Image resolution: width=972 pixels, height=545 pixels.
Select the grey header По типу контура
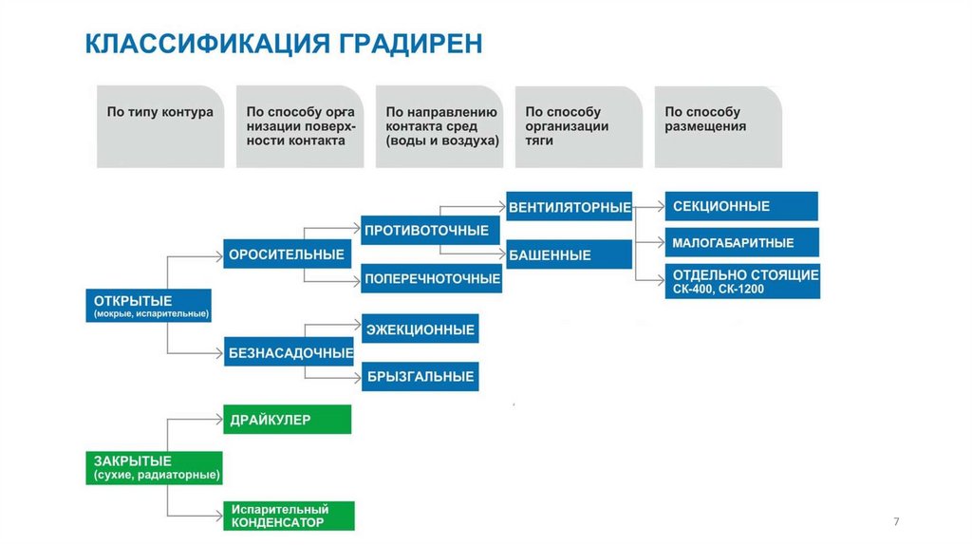(159, 126)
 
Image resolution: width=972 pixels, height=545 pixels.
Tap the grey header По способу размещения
(718, 126)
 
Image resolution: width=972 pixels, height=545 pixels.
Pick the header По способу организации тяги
(578, 126)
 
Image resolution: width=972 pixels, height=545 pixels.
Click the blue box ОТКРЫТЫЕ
(148, 306)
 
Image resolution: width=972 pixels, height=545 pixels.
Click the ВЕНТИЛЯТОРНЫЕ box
(570, 206)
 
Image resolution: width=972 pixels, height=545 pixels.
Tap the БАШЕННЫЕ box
(570, 254)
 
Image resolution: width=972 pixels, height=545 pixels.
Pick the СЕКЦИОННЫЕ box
(740, 206)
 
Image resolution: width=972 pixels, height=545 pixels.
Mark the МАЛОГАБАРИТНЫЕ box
(740, 243)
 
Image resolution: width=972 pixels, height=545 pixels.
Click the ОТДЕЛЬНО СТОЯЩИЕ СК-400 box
(740, 281)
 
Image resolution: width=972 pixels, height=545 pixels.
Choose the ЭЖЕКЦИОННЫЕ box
(420, 329)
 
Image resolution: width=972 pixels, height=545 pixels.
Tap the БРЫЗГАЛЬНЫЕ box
(420, 377)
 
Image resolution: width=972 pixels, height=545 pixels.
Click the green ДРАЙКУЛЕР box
(287, 420)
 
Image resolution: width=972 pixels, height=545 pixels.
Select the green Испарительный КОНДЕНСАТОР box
(289, 516)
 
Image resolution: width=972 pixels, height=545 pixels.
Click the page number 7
(896, 521)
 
